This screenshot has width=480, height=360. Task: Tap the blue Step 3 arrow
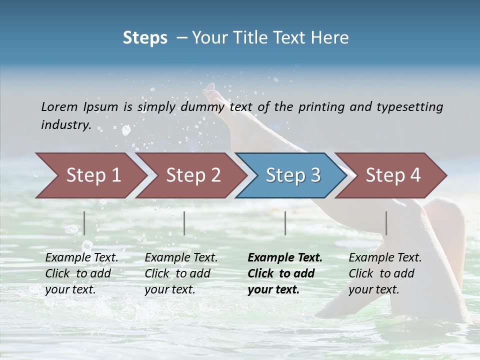[x=293, y=175]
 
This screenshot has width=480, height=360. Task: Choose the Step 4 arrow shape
[x=393, y=175]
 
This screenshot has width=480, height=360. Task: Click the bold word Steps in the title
[x=145, y=38]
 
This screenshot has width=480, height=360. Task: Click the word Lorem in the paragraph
[x=59, y=106]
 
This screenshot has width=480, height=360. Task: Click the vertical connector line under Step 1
[x=84, y=223]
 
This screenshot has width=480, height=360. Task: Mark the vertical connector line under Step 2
[x=184, y=223]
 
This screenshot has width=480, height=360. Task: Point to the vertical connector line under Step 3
[x=285, y=223]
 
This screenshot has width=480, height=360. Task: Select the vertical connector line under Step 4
[x=386, y=223]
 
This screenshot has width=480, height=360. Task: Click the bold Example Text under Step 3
[x=285, y=257]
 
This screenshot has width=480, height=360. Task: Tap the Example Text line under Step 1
[x=81, y=257]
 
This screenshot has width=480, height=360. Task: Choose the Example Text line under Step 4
[x=385, y=257]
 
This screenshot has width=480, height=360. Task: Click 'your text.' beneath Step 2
[x=169, y=289]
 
